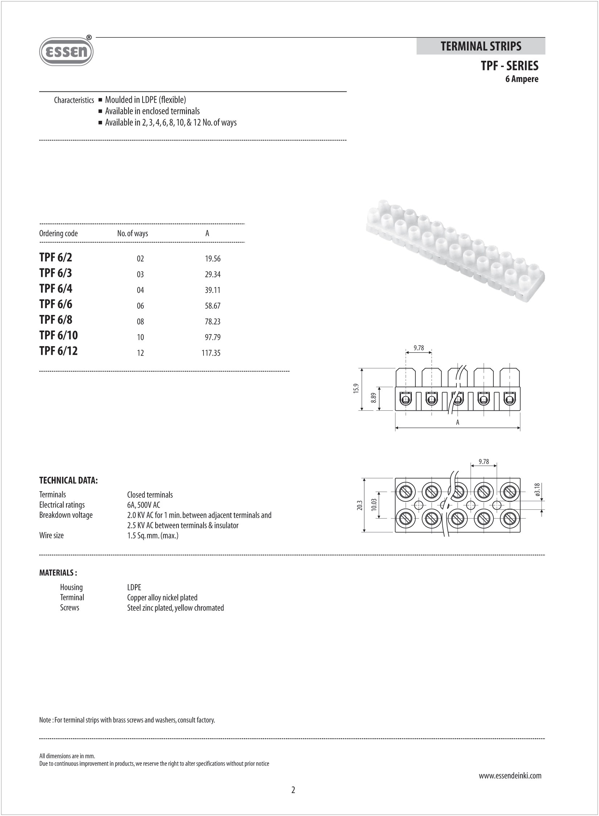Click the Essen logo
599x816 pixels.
[x=66, y=52]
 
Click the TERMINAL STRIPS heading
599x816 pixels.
[x=481, y=46]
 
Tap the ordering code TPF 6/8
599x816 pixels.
[x=56, y=320]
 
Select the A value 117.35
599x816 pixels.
[x=211, y=353]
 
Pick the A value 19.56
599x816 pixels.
[x=213, y=259]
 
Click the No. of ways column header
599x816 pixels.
[x=132, y=233]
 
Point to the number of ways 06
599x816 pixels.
[x=140, y=306]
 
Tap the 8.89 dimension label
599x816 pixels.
[x=373, y=398]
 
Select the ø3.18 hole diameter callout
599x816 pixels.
[x=537, y=490]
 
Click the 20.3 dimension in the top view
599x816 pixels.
[x=360, y=505]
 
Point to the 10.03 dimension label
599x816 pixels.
[x=374, y=505]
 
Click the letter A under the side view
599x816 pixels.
[x=458, y=422]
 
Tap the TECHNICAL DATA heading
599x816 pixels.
[x=69, y=480]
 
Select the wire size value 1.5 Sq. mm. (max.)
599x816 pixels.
[x=153, y=536]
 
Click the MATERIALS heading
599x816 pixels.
[x=58, y=573]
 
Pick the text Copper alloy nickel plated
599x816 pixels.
[x=162, y=598]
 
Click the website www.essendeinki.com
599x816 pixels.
[x=510, y=776]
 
